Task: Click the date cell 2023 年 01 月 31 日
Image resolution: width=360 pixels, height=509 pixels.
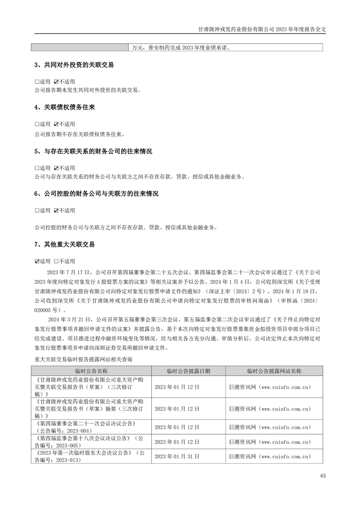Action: (177, 456)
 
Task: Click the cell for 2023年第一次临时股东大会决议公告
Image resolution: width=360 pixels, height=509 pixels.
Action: (91, 456)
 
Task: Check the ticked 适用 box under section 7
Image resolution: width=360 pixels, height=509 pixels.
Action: (37, 261)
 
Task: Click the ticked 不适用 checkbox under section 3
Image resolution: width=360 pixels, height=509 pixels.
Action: (56, 82)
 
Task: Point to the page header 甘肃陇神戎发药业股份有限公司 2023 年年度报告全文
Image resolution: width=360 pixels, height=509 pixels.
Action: (263, 28)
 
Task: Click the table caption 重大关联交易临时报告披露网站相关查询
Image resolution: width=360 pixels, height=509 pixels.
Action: (84, 359)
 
